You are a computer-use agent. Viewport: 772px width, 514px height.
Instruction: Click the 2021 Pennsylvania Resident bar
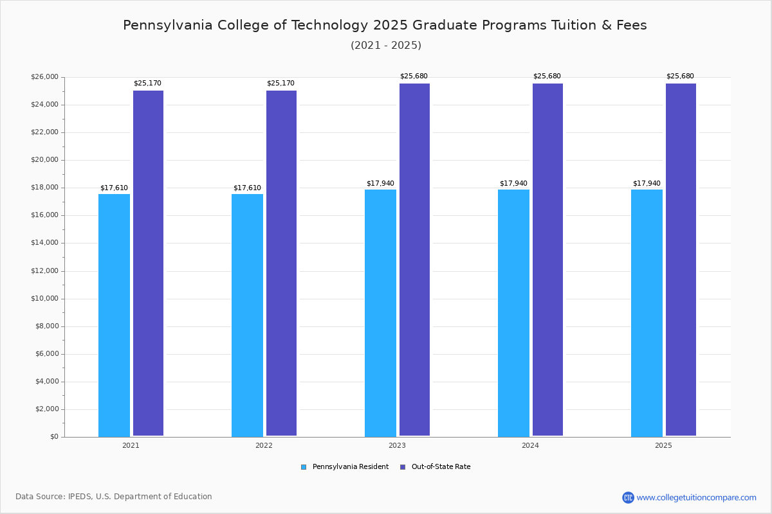(x=114, y=315)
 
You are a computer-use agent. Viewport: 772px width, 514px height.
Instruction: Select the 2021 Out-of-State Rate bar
(x=148, y=263)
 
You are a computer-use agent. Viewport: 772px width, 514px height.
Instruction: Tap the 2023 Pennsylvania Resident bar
(x=380, y=313)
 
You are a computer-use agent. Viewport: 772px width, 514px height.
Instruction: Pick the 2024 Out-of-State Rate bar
(x=547, y=260)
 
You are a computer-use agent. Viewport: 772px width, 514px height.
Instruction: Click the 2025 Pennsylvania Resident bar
(x=647, y=313)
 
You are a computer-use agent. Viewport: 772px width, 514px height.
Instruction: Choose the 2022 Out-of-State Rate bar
(x=281, y=263)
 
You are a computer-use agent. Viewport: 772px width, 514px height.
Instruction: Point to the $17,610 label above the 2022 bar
(x=247, y=188)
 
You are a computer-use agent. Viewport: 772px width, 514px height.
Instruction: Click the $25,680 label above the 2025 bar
(x=680, y=76)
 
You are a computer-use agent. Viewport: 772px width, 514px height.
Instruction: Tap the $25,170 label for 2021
(x=147, y=83)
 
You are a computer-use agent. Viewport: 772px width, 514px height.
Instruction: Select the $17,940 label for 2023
(x=380, y=183)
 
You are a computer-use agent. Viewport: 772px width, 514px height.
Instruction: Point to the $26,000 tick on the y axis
(x=44, y=77)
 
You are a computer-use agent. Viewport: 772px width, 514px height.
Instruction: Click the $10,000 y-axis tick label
(x=44, y=299)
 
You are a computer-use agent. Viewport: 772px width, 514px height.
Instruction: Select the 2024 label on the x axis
(x=530, y=445)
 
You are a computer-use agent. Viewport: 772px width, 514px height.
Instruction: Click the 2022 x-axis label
(x=264, y=445)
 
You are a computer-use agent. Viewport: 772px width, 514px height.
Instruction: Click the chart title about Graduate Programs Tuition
(x=385, y=25)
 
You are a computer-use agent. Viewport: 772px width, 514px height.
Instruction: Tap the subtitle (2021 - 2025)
(x=385, y=46)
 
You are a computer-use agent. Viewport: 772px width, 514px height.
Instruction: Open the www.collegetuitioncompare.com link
(x=696, y=497)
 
